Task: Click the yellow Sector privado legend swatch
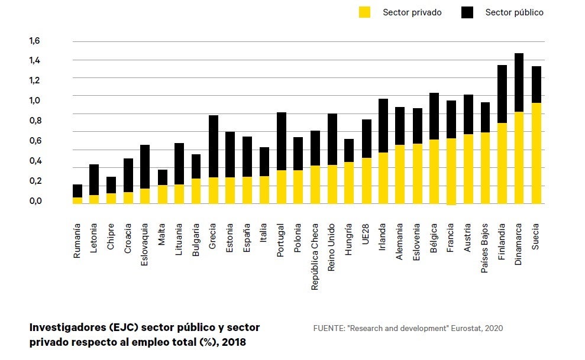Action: (364, 12)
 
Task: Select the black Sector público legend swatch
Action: (467, 12)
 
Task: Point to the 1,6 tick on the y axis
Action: (35, 41)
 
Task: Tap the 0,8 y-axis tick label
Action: (35, 121)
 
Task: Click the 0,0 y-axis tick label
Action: (35, 201)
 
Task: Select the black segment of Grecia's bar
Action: (214, 147)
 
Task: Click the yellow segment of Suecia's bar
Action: (536, 153)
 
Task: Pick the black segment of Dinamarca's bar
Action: (519, 83)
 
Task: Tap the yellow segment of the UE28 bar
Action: (366, 181)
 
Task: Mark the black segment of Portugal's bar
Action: (282, 142)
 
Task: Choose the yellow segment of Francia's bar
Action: (451, 172)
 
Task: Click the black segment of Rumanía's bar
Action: (77, 191)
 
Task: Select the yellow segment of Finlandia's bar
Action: (502, 164)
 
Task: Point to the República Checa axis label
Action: (315, 257)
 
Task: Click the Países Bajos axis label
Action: (484, 248)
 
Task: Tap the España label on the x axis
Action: (247, 238)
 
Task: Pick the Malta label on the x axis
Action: (161, 235)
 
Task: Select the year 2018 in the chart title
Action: (234, 342)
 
